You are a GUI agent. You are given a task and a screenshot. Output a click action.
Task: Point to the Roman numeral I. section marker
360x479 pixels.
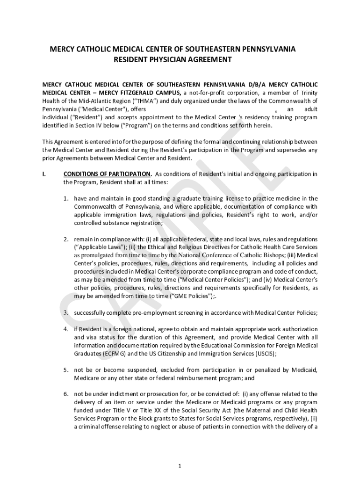coord(44,174)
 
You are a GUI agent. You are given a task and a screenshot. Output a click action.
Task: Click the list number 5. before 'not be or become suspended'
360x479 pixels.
coord(67,370)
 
